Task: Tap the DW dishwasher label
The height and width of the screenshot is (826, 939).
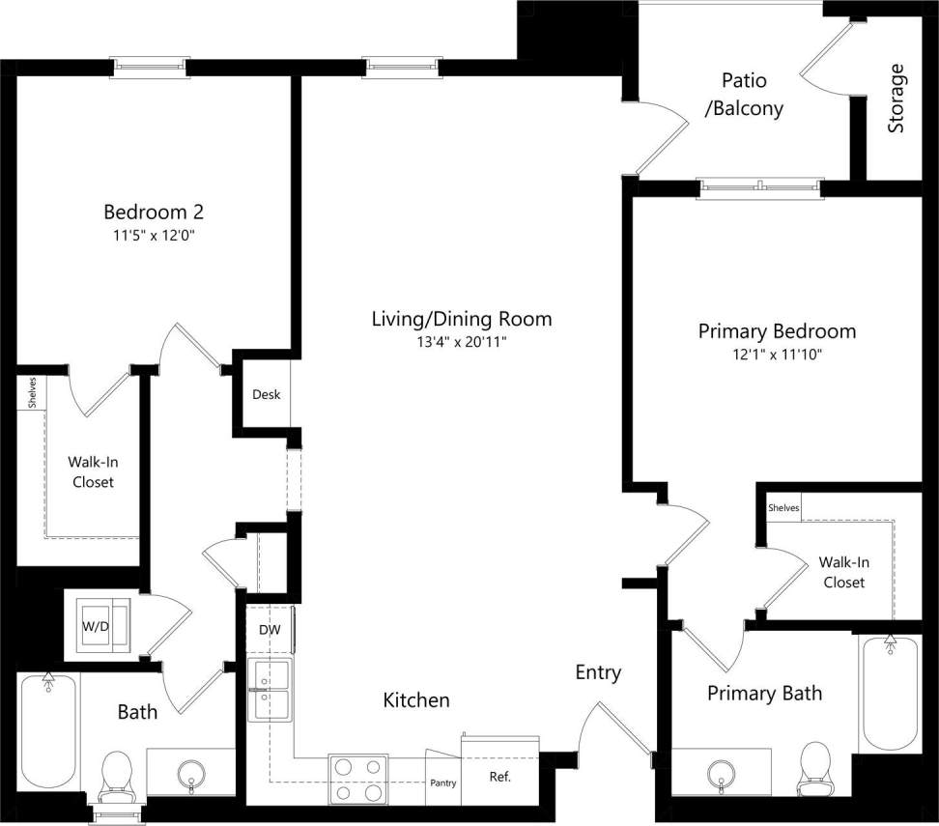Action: pos(270,630)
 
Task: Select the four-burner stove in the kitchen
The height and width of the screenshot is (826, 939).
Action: pos(358,779)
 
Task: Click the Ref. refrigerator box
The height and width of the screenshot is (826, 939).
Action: pos(499,777)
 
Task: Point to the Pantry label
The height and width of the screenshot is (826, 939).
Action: pos(442,783)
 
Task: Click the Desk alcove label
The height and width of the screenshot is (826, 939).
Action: pos(266,394)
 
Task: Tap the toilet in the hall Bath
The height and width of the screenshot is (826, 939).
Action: pos(117,774)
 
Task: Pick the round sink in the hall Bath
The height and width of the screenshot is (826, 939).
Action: pos(190,773)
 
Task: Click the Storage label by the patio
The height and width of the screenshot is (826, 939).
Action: pos(896,99)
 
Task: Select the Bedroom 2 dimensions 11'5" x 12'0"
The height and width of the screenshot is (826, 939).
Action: pos(154,235)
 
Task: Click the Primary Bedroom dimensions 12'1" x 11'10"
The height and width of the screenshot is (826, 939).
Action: pos(777,355)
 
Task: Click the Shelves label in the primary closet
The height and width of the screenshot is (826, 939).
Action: pos(783,508)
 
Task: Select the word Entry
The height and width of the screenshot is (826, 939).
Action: pos(598,672)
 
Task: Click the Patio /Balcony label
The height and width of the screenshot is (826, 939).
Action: pos(744,95)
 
